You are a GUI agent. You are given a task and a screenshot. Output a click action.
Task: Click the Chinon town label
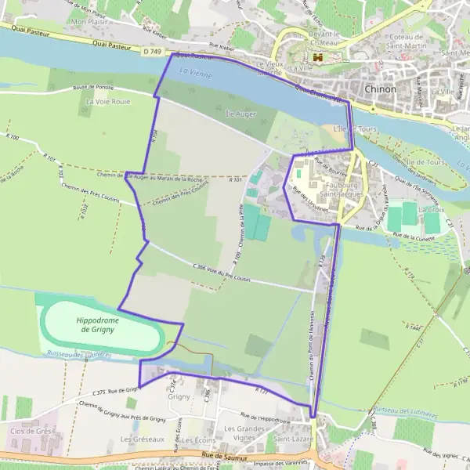[x=381, y=89]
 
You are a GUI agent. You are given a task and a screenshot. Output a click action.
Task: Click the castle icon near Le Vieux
[x=318, y=58]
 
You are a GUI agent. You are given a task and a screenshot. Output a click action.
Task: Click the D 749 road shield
[x=153, y=52]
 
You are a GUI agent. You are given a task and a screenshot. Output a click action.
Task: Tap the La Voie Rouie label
[x=108, y=102]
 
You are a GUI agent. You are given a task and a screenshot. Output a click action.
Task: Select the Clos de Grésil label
[x=31, y=431]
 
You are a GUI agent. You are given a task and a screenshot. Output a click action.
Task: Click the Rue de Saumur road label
[x=222, y=454]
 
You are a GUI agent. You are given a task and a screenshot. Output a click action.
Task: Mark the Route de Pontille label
[x=94, y=89]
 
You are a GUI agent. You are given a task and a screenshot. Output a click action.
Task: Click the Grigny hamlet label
[x=179, y=397]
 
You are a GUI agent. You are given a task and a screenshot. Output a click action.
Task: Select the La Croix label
[x=432, y=210]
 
